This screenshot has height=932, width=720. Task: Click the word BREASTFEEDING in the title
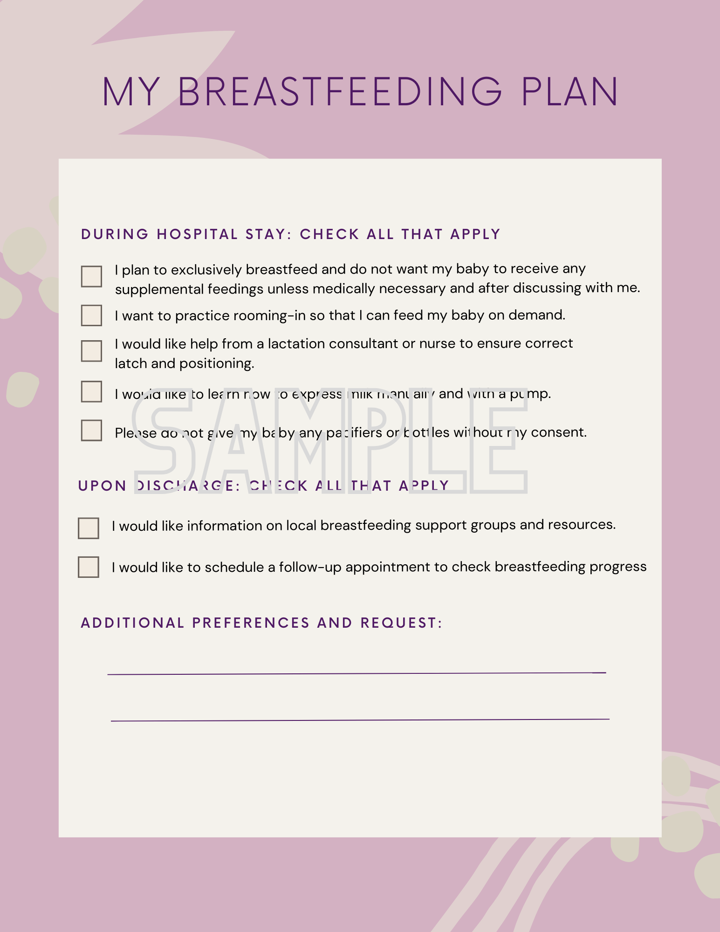click(x=340, y=91)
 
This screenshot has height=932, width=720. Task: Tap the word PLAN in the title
click(x=569, y=91)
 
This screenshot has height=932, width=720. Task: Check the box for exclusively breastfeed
click(x=91, y=276)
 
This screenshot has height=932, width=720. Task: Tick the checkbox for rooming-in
click(x=91, y=315)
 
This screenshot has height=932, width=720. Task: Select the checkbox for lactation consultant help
click(x=91, y=351)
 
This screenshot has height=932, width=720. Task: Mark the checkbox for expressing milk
click(x=91, y=391)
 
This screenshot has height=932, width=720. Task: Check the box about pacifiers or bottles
click(x=91, y=430)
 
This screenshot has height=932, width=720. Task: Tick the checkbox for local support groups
click(x=89, y=528)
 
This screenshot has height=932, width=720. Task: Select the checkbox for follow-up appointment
click(x=89, y=567)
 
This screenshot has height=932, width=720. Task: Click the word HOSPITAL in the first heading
click(x=197, y=234)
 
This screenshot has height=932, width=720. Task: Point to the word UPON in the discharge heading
click(x=102, y=486)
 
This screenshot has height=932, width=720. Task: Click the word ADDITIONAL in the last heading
click(x=133, y=623)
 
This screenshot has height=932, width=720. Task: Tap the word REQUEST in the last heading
click(x=398, y=623)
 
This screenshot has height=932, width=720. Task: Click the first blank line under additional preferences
click(x=357, y=673)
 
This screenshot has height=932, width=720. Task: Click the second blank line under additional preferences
click(x=360, y=720)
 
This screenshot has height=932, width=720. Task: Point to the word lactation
click(x=296, y=344)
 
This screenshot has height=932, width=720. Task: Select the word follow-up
click(x=310, y=567)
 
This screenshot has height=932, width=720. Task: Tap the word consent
click(x=558, y=432)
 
